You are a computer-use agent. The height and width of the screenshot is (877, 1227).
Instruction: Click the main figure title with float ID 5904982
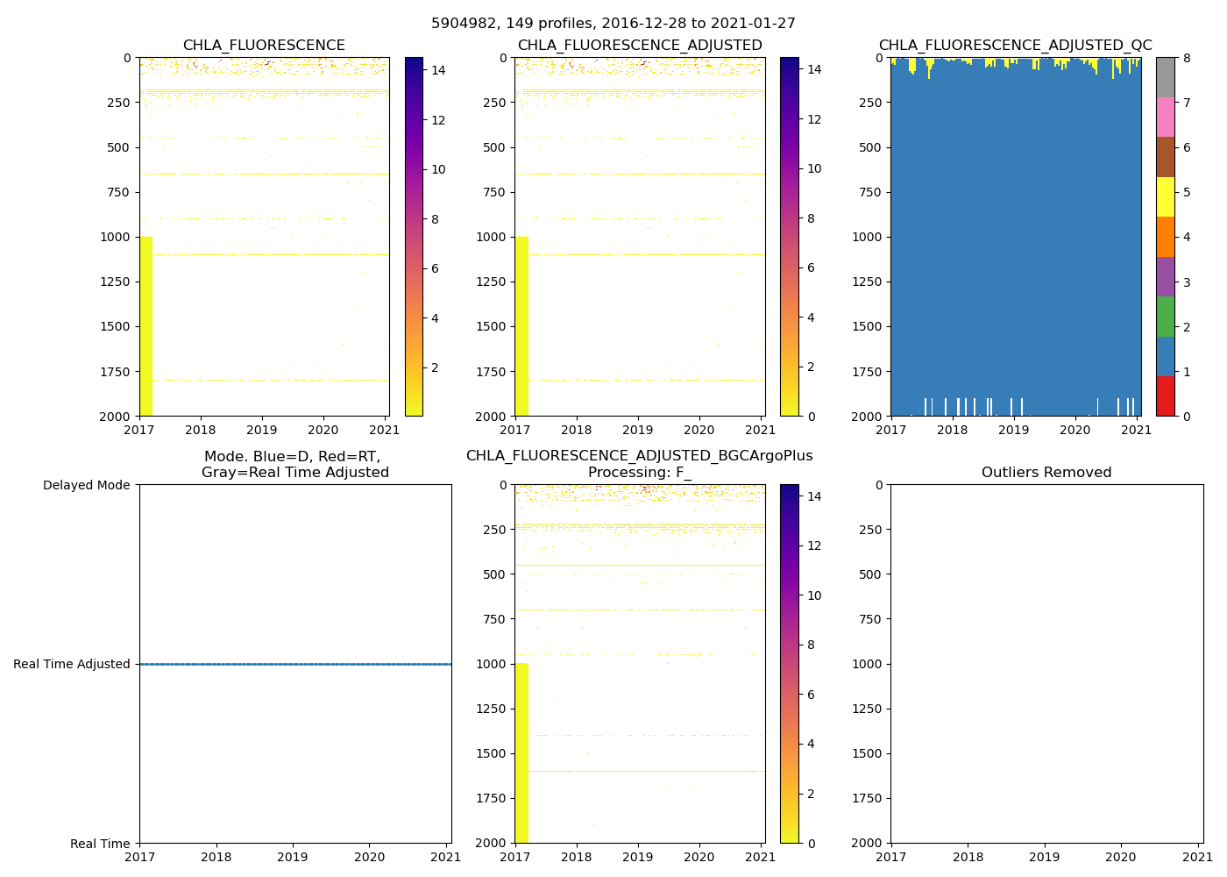pos(613,24)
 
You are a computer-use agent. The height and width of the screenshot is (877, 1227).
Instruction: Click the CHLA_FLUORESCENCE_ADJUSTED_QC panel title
pos(1015,46)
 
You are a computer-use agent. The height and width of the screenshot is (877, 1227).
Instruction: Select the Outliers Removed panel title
pos(1046,473)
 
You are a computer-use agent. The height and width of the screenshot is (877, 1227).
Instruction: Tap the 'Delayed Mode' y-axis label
pos(86,485)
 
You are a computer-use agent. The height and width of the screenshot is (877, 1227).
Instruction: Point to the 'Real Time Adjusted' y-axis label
pos(72,664)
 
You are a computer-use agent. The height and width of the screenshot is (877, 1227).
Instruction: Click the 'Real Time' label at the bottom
pos(100,844)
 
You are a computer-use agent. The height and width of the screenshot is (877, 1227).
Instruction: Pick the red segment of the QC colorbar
pos(1165,396)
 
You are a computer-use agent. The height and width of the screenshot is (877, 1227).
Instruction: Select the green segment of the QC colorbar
pos(1165,316)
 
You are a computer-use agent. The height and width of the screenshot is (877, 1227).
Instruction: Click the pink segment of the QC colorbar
pos(1165,117)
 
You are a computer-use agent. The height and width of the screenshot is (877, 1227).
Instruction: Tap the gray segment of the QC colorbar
pos(1165,77)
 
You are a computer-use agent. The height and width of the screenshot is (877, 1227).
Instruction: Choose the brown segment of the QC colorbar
pos(1165,157)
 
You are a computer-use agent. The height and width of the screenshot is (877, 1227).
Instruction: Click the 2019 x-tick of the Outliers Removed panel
pos(1044,857)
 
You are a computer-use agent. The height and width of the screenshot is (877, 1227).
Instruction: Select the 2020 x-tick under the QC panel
pos(1075,430)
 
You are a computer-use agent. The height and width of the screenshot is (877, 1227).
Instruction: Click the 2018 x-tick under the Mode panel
pos(216,857)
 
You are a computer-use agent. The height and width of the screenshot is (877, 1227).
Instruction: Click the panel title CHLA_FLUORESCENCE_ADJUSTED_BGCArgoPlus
pos(639,456)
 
